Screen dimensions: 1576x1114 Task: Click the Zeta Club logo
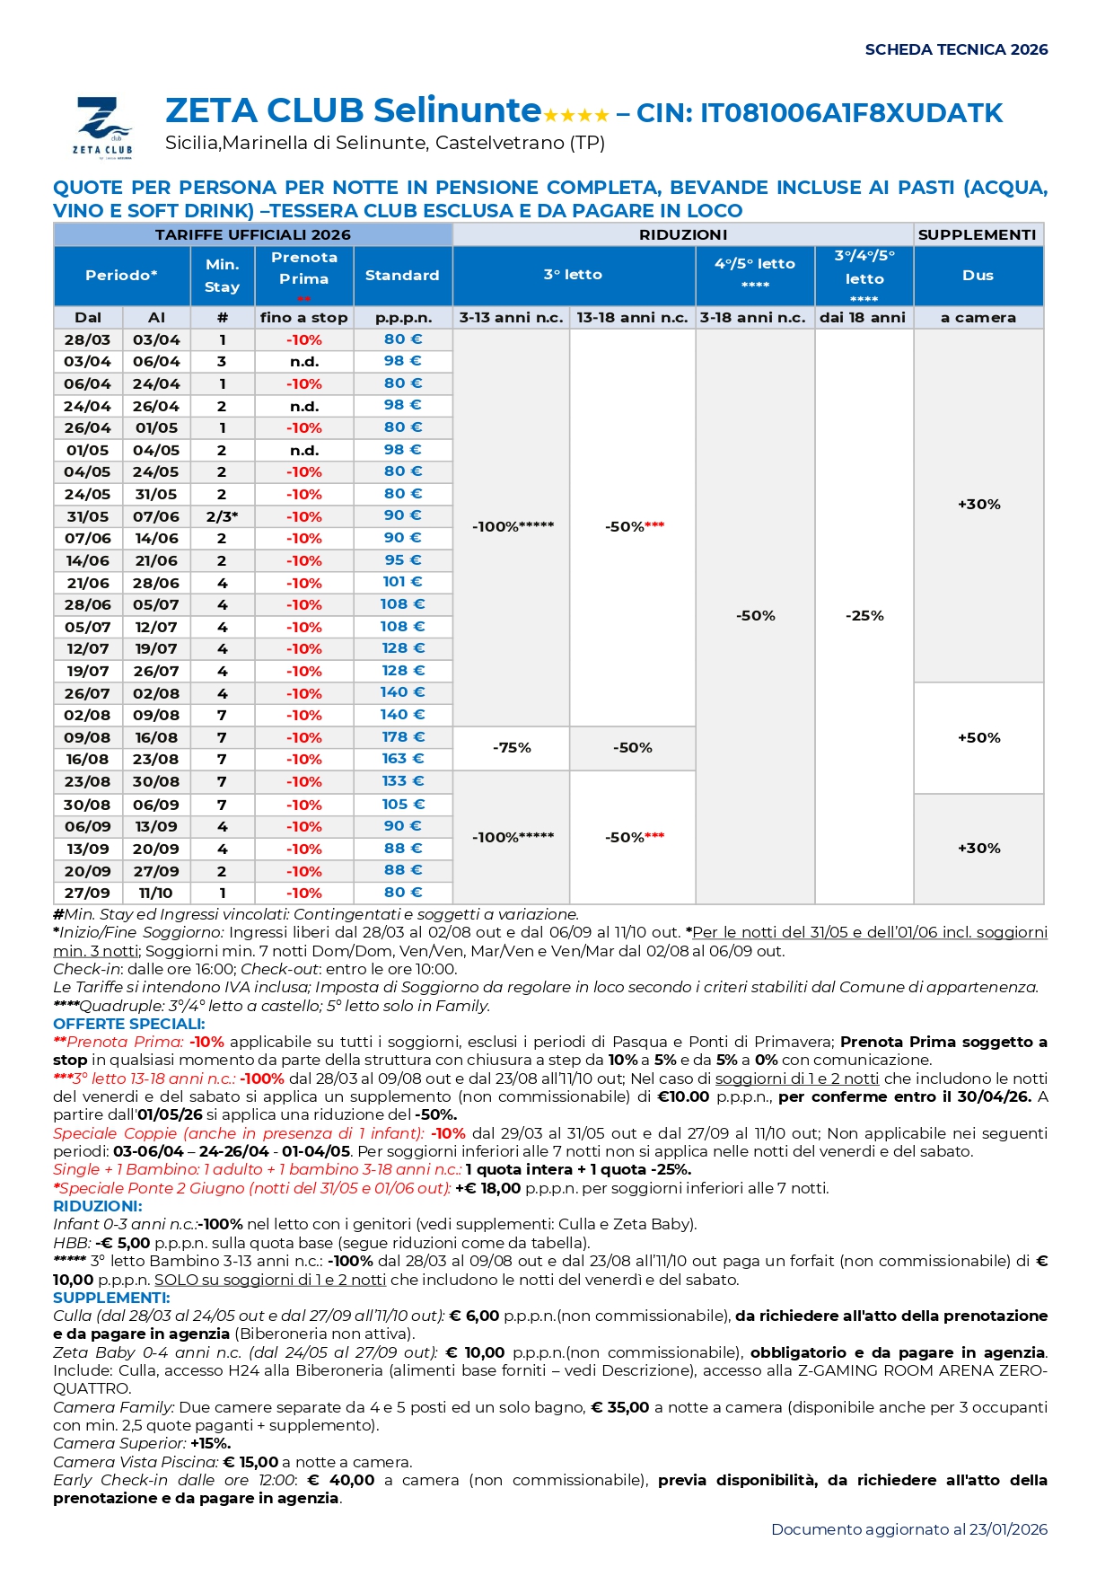[x=103, y=127]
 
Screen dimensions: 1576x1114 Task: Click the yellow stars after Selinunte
[x=576, y=115]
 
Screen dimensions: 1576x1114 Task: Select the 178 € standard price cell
[x=402, y=737]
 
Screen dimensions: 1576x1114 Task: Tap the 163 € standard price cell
[x=402, y=759]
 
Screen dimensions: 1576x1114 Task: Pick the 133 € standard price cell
[x=402, y=781]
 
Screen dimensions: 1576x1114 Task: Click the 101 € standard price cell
[x=402, y=582]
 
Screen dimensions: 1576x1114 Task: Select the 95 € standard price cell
[x=402, y=560]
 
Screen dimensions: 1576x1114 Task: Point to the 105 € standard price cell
[x=402, y=805]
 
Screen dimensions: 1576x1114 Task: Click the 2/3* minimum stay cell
[x=222, y=516]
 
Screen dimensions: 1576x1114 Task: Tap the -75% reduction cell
[x=512, y=748]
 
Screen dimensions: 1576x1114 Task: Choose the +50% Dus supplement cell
[x=978, y=738]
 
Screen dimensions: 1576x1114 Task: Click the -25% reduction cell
[x=864, y=616]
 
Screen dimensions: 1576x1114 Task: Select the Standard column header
[x=402, y=276]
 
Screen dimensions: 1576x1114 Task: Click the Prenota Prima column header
[x=304, y=269]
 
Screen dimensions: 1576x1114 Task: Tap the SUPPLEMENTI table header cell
[x=978, y=234]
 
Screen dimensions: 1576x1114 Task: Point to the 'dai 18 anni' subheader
[x=863, y=318]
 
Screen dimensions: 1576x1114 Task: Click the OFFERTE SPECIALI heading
[x=129, y=1024]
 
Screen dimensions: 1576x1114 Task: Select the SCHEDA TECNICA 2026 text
[x=956, y=49]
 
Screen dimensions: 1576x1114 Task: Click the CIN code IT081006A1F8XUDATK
[x=851, y=113]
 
